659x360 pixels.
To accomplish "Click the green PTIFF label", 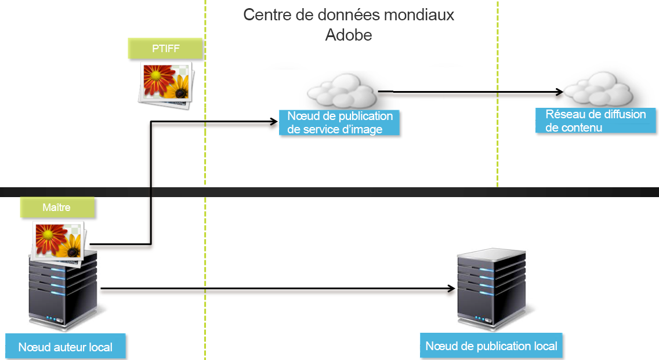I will [x=165, y=49].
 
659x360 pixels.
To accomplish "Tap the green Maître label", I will [x=56, y=207].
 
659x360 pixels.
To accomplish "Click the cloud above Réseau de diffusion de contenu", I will [x=598, y=89].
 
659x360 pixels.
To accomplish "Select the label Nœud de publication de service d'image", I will [x=339, y=123].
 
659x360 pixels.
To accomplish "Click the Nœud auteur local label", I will [x=65, y=347].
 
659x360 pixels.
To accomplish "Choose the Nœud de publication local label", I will [x=491, y=346].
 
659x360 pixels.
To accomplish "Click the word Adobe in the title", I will [x=349, y=35].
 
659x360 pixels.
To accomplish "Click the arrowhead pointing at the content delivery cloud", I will [x=560, y=92].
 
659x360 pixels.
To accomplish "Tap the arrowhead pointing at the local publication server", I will [x=451, y=288].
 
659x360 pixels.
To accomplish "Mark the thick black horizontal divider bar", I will [x=329, y=192].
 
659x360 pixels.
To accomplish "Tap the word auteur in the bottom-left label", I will [x=68, y=347].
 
